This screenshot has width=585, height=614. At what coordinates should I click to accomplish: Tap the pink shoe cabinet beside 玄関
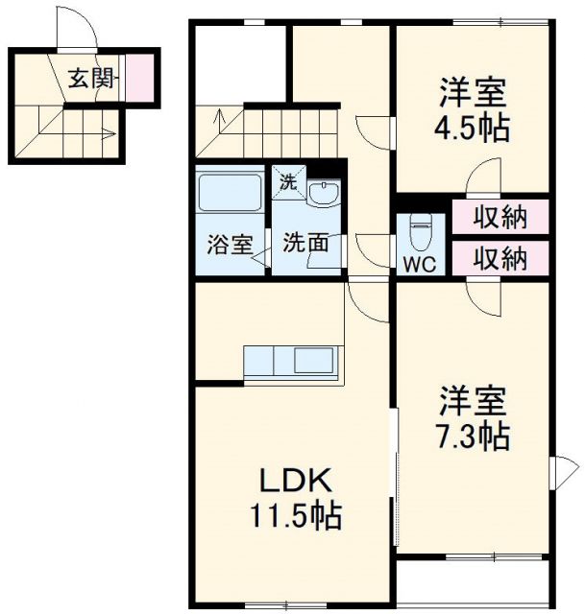click(x=140, y=78)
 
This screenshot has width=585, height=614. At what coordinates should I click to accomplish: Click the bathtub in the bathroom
click(x=230, y=196)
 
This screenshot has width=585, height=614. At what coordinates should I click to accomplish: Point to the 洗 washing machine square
click(x=287, y=179)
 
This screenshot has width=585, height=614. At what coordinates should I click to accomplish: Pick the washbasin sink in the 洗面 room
click(x=326, y=194)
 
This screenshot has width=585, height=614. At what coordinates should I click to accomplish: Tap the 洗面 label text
click(x=305, y=244)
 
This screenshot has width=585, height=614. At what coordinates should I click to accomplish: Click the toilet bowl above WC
click(x=419, y=231)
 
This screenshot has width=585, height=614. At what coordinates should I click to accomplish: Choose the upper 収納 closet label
click(x=500, y=218)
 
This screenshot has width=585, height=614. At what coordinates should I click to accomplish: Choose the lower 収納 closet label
click(x=500, y=258)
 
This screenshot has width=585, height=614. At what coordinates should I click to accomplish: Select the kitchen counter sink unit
click(x=293, y=363)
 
